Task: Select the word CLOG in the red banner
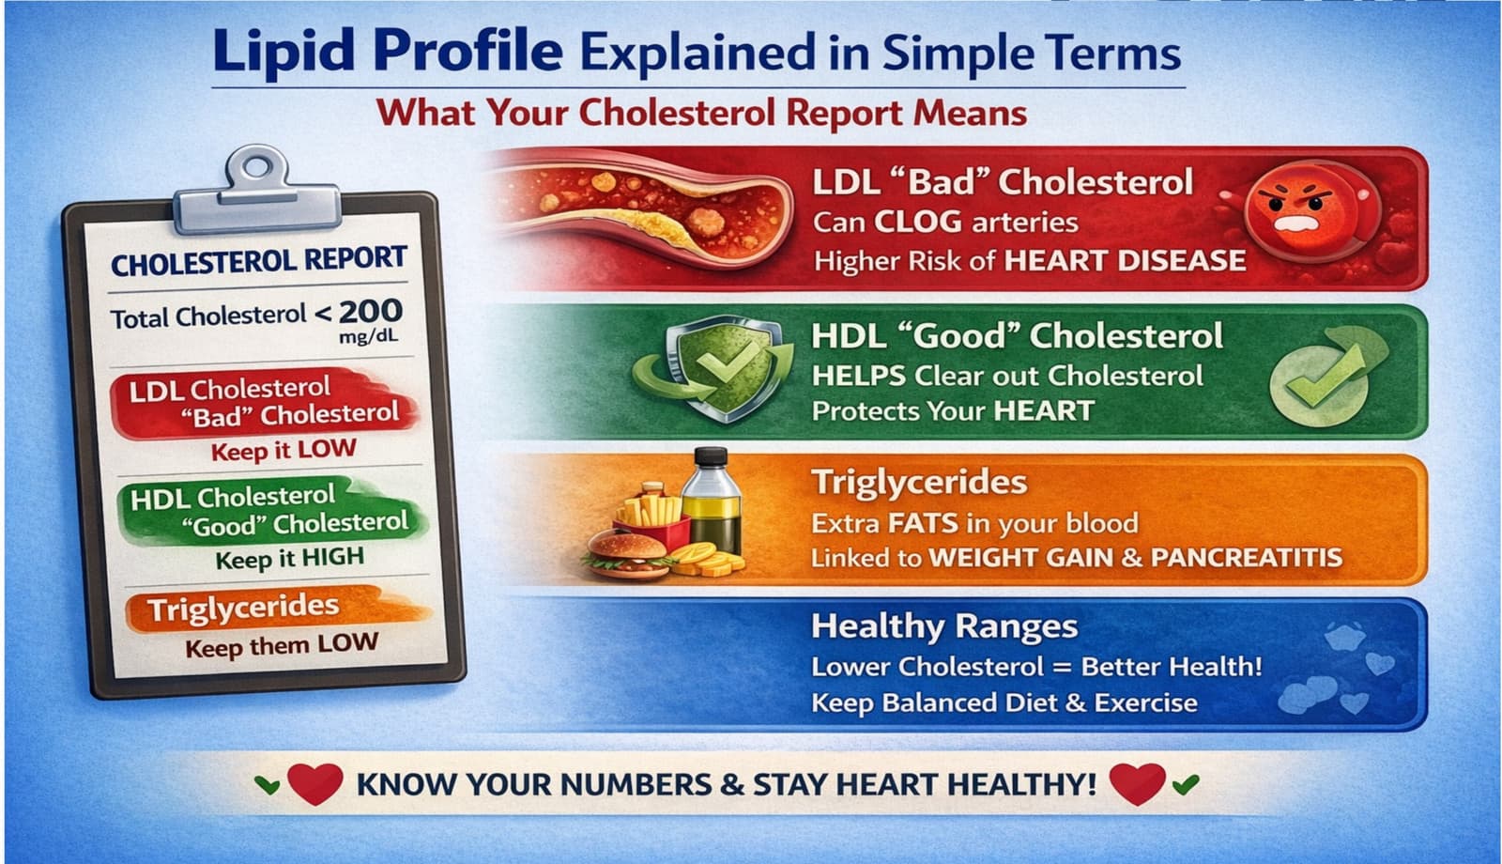pyautogui.click(x=918, y=223)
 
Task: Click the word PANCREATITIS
pyautogui.click(x=1246, y=558)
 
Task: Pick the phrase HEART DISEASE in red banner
pyautogui.click(x=1125, y=261)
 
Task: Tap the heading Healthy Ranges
pyautogui.click(x=943, y=626)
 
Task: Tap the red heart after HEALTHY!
pyautogui.click(x=1137, y=782)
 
